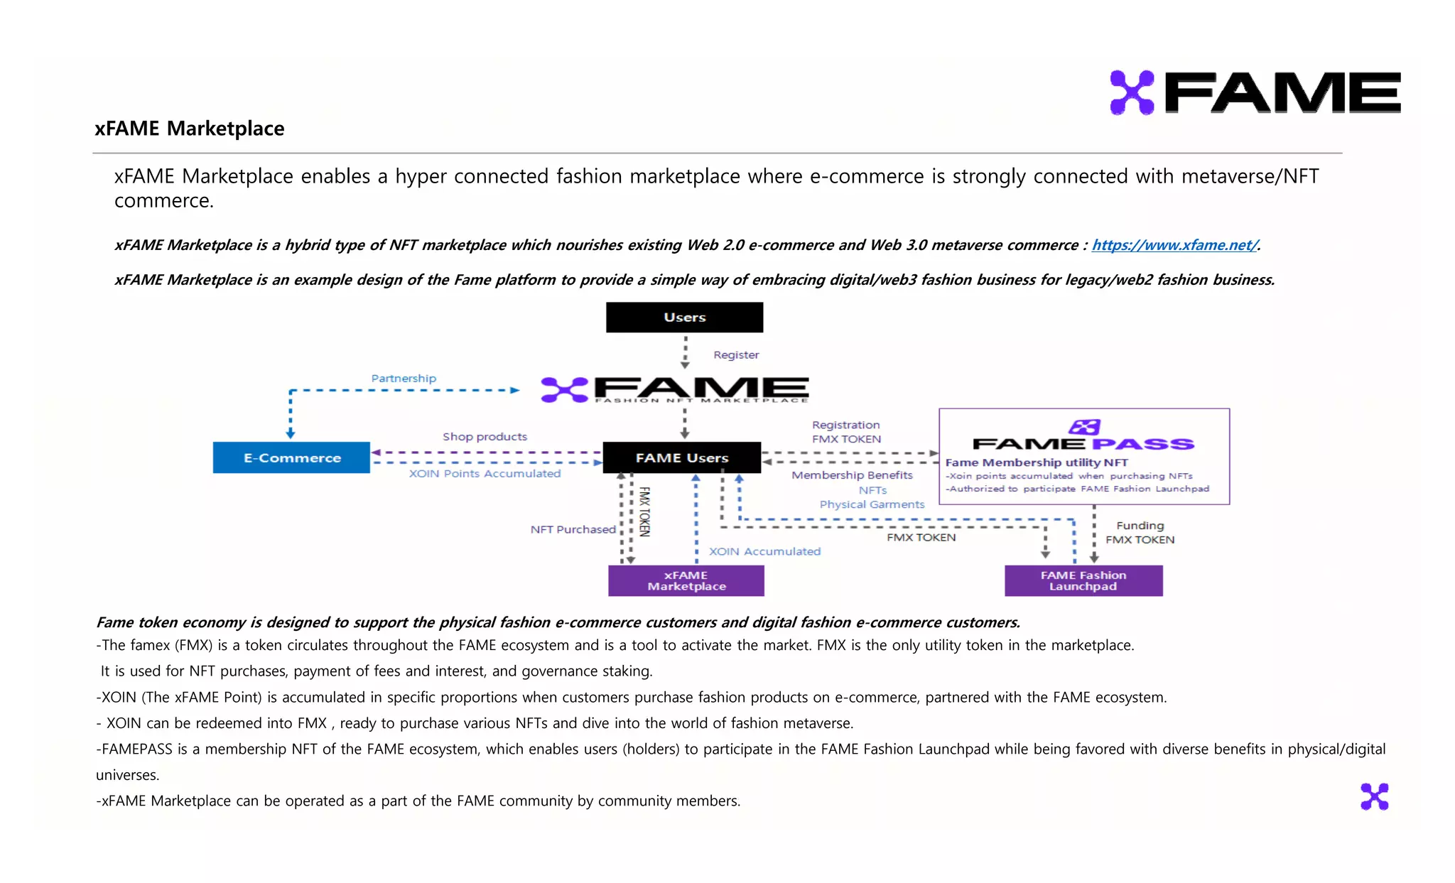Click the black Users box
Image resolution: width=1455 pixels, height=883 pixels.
click(684, 318)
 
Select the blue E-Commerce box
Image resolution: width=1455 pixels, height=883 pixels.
click(291, 458)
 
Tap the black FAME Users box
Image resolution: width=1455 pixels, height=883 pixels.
click(681, 458)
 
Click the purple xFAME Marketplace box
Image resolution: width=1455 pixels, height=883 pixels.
click(686, 581)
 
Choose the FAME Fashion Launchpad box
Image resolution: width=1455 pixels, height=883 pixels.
click(1083, 581)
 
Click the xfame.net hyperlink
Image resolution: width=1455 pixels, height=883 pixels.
click(1174, 245)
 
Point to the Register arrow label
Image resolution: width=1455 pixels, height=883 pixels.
click(736, 355)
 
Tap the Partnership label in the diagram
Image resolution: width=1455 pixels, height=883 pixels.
click(404, 379)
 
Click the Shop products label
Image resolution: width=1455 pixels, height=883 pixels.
click(485, 437)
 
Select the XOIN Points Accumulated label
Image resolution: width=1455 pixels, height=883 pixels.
click(485, 474)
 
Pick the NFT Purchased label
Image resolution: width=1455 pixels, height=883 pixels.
click(573, 530)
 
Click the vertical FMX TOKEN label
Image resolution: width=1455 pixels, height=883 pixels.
click(644, 511)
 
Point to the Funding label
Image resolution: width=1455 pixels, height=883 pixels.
click(1140, 526)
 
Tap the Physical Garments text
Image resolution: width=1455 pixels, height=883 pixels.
click(872, 505)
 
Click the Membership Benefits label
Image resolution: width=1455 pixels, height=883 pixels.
click(852, 475)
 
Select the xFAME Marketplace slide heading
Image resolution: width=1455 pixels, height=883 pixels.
click(190, 129)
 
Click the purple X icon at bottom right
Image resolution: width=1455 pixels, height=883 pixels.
click(1374, 797)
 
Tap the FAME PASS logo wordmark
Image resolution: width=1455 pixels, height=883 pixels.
click(1083, 444)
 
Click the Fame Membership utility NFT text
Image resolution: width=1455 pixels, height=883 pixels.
click(1036, 463)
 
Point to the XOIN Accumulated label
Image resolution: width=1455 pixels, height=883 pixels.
click(764, 552)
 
